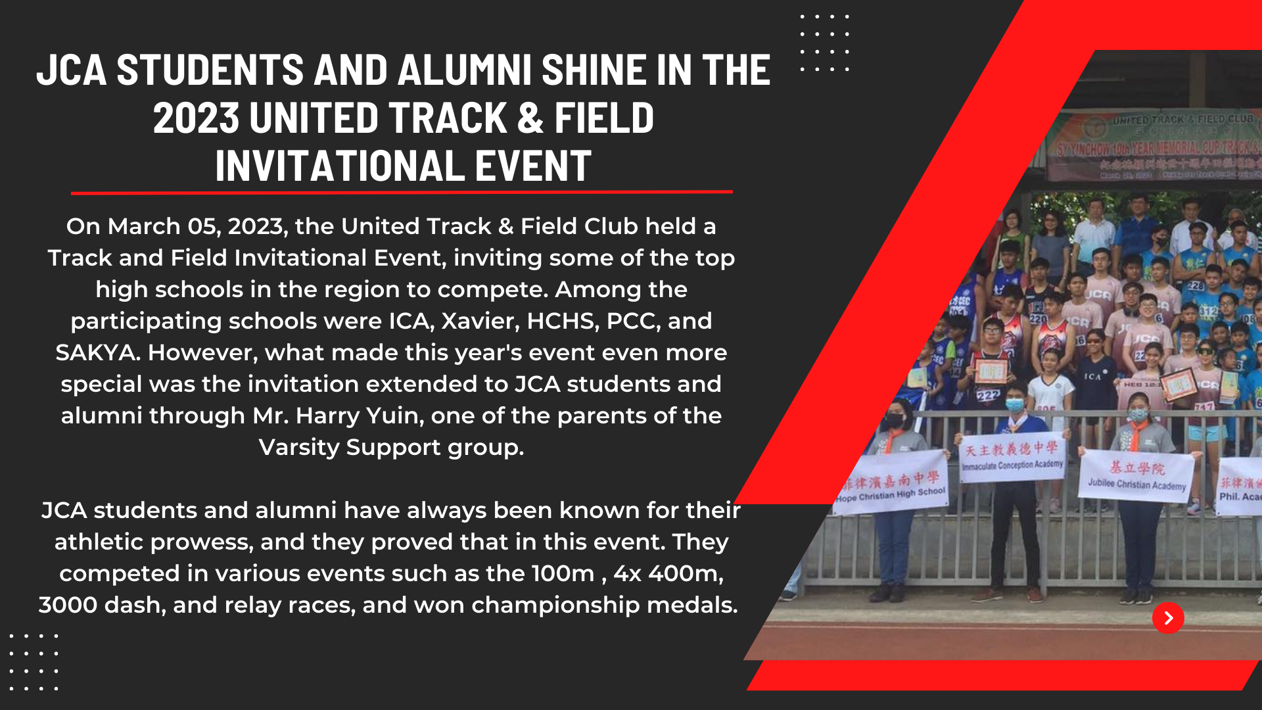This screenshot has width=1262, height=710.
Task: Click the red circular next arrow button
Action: point(1168,617)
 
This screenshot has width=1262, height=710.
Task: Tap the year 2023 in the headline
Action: point(196,118)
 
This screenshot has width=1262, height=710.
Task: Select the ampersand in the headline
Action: point(530,118)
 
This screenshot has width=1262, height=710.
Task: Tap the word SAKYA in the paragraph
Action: point(97,352)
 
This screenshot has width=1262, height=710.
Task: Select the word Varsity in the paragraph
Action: point(299,447)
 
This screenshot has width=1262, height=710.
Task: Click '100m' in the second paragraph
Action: point(563,573)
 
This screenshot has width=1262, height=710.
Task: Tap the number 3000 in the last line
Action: point(68,605)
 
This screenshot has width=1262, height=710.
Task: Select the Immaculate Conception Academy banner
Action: point(1012,458)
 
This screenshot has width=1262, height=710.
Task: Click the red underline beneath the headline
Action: point(402,193)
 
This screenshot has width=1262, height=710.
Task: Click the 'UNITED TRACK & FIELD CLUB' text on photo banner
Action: point(1183,120)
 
